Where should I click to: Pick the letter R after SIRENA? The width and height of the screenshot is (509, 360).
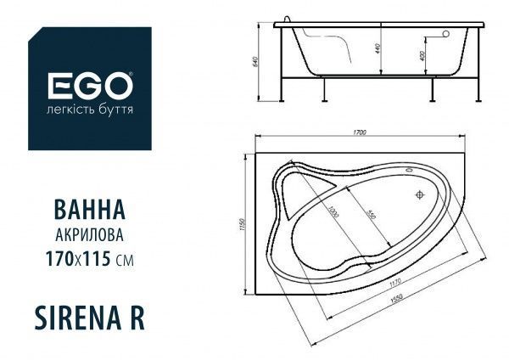coord(136,315)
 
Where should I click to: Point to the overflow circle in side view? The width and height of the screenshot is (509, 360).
coord(442,36)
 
